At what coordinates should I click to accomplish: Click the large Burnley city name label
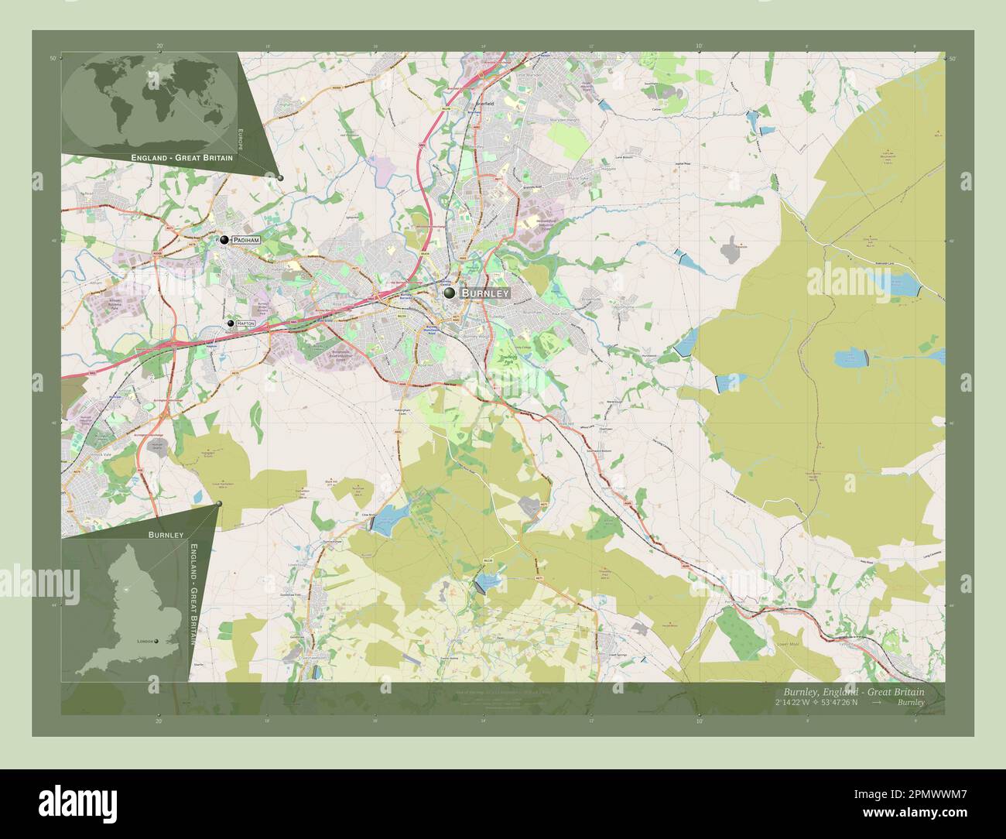tap(485, 293)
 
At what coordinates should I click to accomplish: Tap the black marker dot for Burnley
tap(450, 293)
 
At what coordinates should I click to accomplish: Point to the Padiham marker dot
tap(224, 241)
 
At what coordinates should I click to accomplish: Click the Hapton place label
tap(246, 324)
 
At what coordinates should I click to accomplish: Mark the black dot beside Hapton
tap(231, 324)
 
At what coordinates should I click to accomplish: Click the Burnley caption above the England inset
tap(166, 535)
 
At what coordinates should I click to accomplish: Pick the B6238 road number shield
tap(488, 560)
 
